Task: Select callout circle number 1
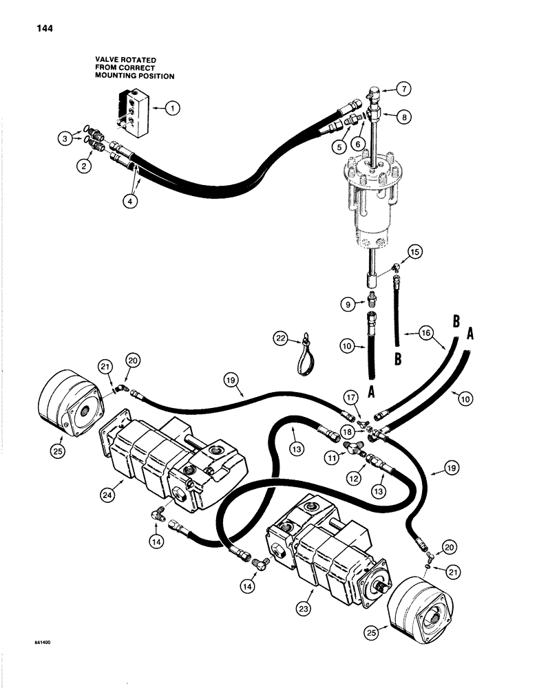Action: pos(173,107)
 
